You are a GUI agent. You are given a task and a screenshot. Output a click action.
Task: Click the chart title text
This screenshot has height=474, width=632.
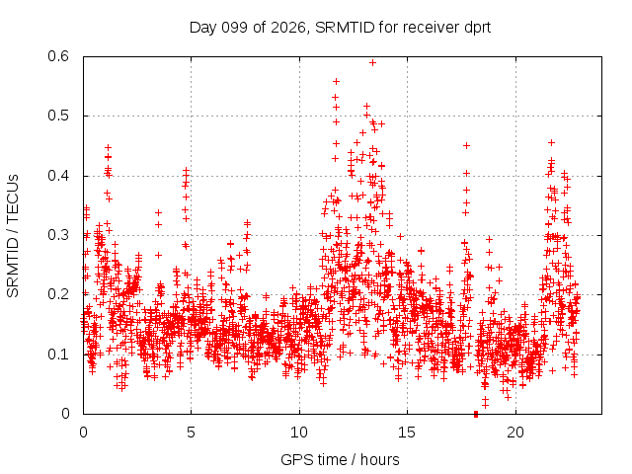pyautogui.click(x=340, y=28)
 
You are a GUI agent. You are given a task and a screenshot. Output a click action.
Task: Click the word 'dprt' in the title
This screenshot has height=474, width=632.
pyautogui.click(x=477, y=28)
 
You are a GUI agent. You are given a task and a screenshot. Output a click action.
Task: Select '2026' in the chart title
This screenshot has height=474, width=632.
pyautogui.click(x=287, y=28)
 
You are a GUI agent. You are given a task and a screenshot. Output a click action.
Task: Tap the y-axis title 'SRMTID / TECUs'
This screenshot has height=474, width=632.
pyautogui.click(x=13, y=236)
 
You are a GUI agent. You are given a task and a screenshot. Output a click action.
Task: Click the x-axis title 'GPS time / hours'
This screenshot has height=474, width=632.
pyautogui.click(x=340, y=459)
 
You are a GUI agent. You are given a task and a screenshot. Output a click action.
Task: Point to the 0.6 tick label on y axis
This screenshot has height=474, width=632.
pyautogui.click(x=58, y=56)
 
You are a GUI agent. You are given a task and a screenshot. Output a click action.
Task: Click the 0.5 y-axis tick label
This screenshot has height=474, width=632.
pyautogui.click(x=58, y=116)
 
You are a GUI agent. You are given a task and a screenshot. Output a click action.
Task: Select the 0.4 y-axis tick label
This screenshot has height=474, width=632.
pyautogui.click(x=58, y=176)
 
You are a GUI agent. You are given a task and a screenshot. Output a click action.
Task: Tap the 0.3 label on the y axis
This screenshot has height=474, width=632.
pyautogui.click(x=58, y=235)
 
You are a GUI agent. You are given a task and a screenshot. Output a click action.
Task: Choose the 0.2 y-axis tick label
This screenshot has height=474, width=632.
pyautogui.click(x=58, y=294)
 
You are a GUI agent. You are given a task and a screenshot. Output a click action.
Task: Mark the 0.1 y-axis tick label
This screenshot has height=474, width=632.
pyautogui.click(x=58, y=355)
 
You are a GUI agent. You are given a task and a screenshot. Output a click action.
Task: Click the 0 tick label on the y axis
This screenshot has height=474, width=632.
pyautogui.click(x=65, y=414)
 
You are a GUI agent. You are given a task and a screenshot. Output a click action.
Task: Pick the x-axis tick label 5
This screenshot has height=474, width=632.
pyautogui.click(x=191, y=433)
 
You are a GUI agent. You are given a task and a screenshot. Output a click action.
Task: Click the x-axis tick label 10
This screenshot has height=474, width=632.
pyautogui.click(x=299, y=433)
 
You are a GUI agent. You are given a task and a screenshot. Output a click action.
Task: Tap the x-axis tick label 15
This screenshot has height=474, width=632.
pyautogui.click(x=407, y=433)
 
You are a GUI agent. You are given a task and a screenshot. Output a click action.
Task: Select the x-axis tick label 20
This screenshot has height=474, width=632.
pyautogui.click(x=515, y=433)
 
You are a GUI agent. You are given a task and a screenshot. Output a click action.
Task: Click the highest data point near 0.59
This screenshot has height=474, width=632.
pyautogui.click(x=373, y=63)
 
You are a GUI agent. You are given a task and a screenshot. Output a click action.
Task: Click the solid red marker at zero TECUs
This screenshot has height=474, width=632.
pyautogui.click(x=476, y=414)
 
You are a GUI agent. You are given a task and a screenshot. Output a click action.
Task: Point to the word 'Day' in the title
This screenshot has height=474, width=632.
pyautogui.click(x=203, y=28)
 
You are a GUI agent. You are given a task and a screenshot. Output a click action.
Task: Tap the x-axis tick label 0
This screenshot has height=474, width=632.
pyautogui.click(x=83, y=433)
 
